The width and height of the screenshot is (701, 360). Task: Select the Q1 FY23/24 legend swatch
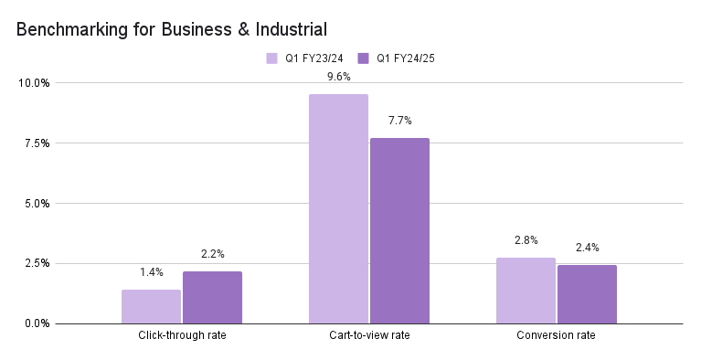tap(271, 58)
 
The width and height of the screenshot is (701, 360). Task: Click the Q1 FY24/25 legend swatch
tap(363, 58)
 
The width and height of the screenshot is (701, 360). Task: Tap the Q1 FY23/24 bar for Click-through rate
tap(151, 306)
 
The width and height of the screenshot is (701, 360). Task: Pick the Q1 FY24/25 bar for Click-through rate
tap(212, 297)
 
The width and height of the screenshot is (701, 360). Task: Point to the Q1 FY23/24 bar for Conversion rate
tap(526, 290)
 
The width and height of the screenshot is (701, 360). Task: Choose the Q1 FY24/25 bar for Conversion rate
tap(587, 294)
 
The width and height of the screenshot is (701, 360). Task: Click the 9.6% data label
tap(338, 77)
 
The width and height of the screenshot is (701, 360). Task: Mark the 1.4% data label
tap(151, 272)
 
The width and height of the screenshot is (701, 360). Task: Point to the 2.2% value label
tap(212, 254)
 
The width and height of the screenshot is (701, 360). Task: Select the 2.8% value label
tap(526, 240)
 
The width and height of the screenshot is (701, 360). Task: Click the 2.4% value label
tap(587, 248)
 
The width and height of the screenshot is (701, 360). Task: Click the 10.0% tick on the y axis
tap(36, 83)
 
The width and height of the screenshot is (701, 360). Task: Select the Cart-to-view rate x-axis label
tap(369, 336)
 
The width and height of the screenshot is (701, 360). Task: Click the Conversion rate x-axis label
tap(556, 336)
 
